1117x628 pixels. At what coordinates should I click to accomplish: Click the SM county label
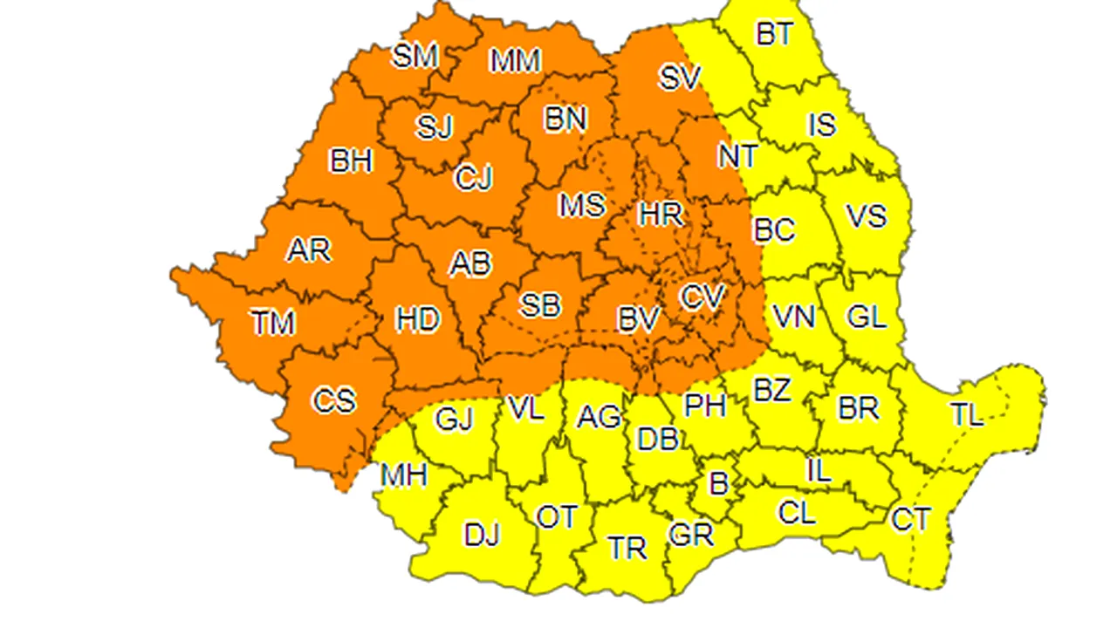[415, 57]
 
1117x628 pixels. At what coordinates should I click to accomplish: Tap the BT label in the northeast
[774, 34]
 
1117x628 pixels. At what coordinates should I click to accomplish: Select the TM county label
[273, 324]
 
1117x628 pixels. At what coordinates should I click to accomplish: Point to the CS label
[334, 400]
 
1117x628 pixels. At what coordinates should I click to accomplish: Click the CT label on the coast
[910, 520]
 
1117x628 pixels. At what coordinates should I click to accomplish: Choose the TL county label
[966, 414]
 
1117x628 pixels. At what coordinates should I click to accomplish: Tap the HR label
[661, 214]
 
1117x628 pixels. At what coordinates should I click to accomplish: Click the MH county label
[403, 475]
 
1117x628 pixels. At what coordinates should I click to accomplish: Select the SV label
[680, 78]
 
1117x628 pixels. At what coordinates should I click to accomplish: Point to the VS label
[866, 215]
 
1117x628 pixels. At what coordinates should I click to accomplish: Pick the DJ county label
[482, 535]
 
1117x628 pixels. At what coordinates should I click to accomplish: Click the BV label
[638, 320]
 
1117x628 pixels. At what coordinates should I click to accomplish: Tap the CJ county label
[474, 178]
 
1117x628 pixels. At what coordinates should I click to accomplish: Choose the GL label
[867, 317]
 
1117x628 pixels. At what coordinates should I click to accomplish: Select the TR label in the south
[627, 548]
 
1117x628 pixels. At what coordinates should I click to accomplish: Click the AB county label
[470, 263]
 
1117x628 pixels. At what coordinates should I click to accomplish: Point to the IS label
[822, 126]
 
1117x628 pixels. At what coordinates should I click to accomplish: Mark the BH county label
[351, 161]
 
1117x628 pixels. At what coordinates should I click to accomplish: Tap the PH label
[705, 405]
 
